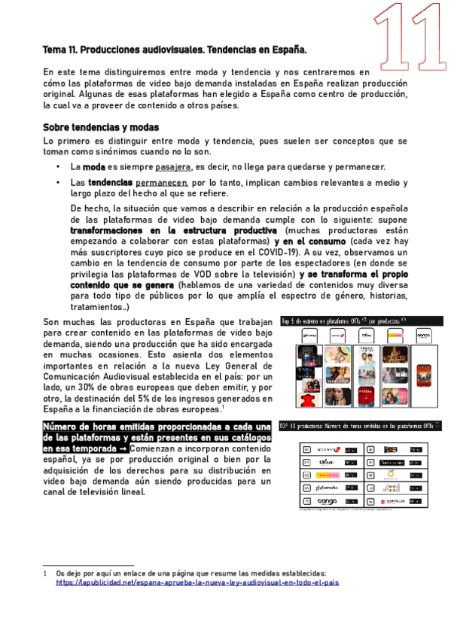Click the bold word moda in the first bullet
[93, 166]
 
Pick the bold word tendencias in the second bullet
[110, 183]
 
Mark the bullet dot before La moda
[59, 166]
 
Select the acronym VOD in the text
[186, 275]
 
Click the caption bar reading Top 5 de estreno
[359, 321]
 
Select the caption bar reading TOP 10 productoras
[359, 425]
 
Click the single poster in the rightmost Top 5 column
[423, 360]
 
